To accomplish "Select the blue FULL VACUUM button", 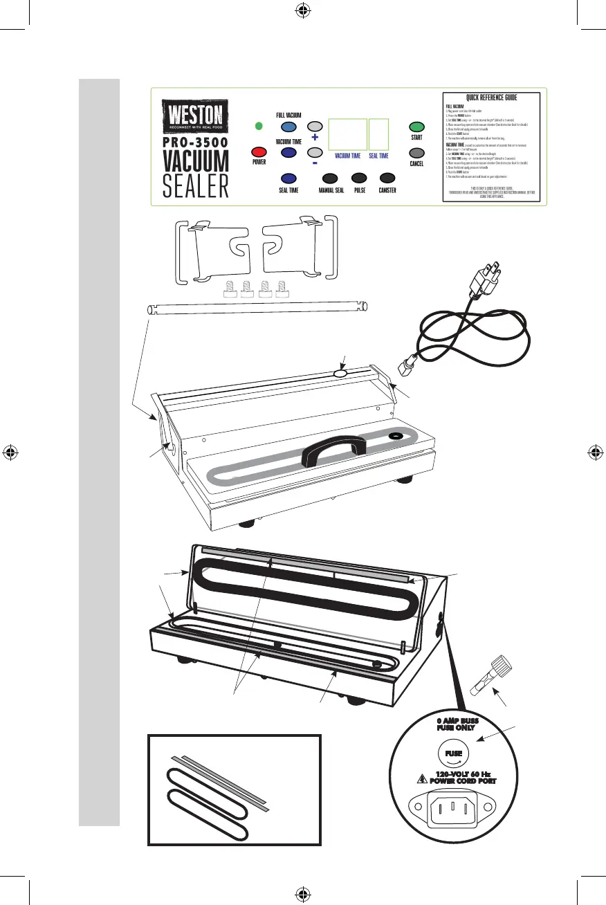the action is coord(288,127).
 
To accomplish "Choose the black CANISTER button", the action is coord(387,177).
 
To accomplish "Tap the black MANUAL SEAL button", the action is coord(330,177).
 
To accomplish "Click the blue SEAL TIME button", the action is coord(288,177).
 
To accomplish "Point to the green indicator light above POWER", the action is coord(259,126).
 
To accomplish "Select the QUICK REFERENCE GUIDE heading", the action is coord(492,98).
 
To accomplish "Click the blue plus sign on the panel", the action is coord(315,138).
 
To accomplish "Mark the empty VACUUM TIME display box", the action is coord(347,134).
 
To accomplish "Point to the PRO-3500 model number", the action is coord(195,143).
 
